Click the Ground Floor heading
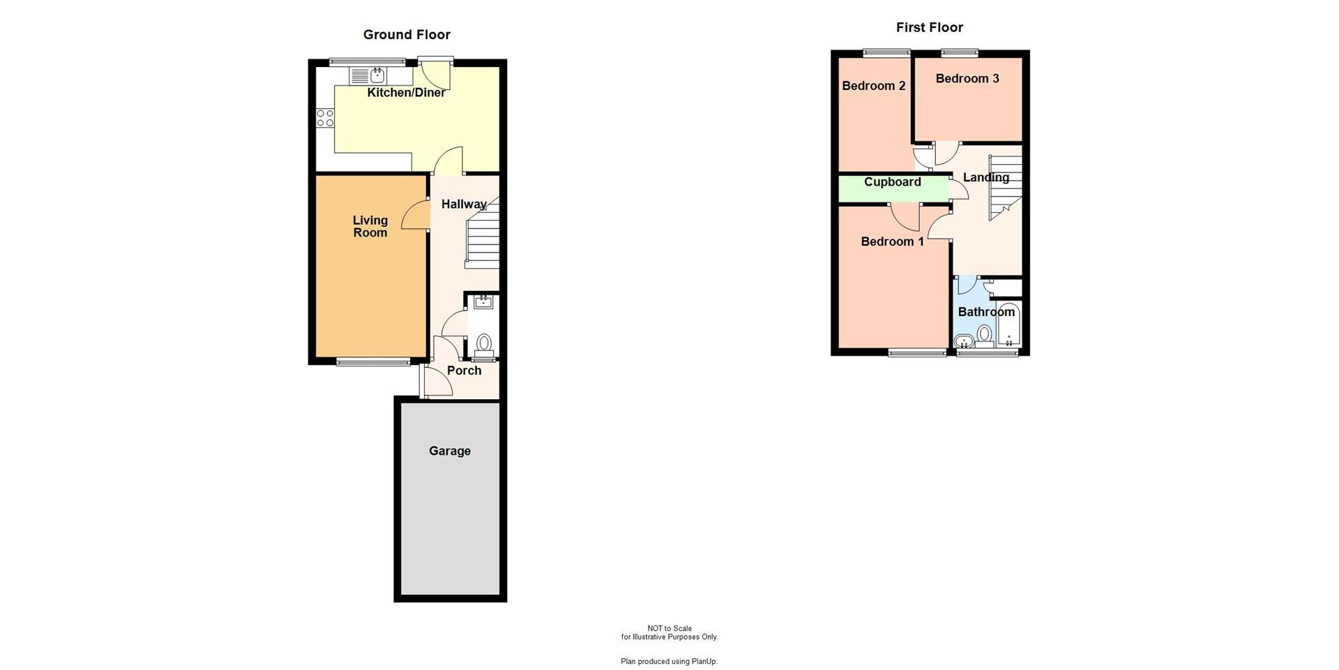(407, 35)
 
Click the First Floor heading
(929, 28)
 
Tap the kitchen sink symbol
(377, 75)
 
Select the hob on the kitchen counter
(325, 118)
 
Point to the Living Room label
(370, 226)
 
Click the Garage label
(449, 451)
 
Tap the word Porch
(464, 371)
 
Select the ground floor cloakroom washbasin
(483, 301)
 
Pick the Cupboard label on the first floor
(892, 182)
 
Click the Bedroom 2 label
(873, 86)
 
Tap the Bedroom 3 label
(967, 79)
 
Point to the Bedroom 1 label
(892, 241)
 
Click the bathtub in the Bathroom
(1008, 327)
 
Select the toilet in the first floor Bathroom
(984, 335)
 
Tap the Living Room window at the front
(373, 362)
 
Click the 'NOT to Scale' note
(669, 629)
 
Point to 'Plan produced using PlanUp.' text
(669, 662)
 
